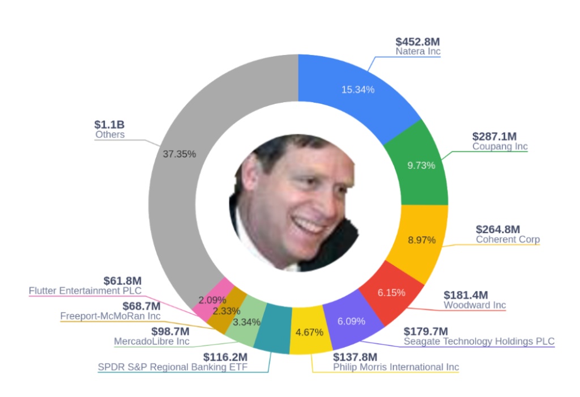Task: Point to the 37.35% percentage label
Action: coord(179,154)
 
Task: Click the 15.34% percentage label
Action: coord(357,90)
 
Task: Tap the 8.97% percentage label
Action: coord(421,240)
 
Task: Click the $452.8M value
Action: coord(417,42)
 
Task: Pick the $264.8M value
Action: coord(497,229)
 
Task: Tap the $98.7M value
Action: coord(170,331)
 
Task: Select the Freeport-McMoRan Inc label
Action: coord(110,316)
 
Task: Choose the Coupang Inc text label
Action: coord(500,146)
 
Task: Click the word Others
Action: coord(110,135)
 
